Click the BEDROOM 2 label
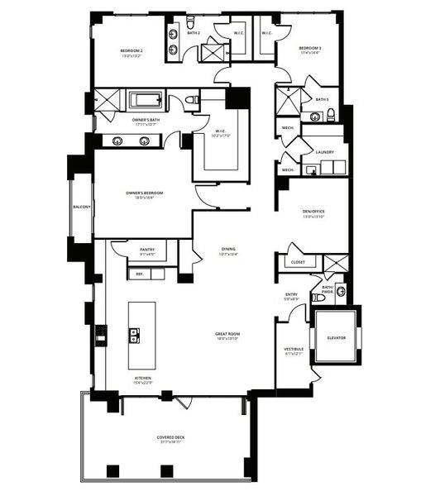point(132,51)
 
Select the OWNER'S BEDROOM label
point(145,193)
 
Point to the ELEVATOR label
point(336,338)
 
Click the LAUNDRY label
point(323,152)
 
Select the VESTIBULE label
point(294,349)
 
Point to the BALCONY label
point(82,207)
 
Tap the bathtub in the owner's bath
point(148,101)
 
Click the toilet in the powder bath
point(340,291)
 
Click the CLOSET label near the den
point(298,262)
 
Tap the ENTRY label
point(291,294)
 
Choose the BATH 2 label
point(194,33)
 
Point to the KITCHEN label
point(143,379)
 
